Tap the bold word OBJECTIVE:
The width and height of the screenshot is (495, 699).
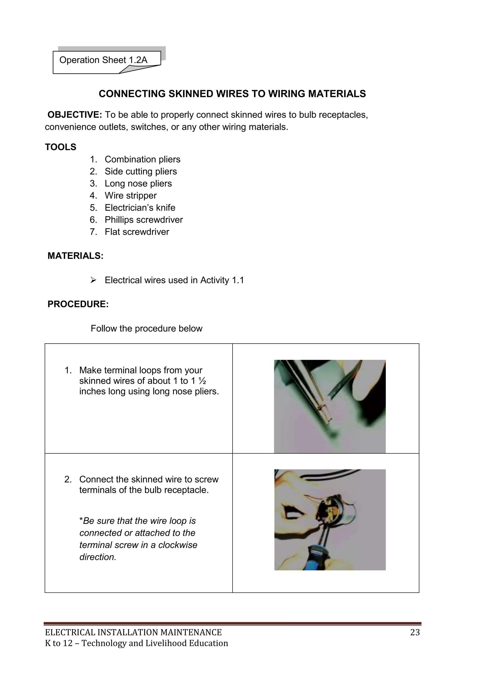(75, 115)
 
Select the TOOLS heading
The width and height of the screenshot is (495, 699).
(61, 147)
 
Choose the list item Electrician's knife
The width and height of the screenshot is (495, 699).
(140, 208)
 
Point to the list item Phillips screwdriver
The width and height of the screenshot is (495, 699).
(144, 220)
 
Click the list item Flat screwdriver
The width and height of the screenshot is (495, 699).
(137, 232)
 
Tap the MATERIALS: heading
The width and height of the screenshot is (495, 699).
(75, 256)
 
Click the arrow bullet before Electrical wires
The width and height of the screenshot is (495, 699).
(93, 280)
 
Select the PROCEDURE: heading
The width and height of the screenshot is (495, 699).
(78, 304)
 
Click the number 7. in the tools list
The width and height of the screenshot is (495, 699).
(93, 232)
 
